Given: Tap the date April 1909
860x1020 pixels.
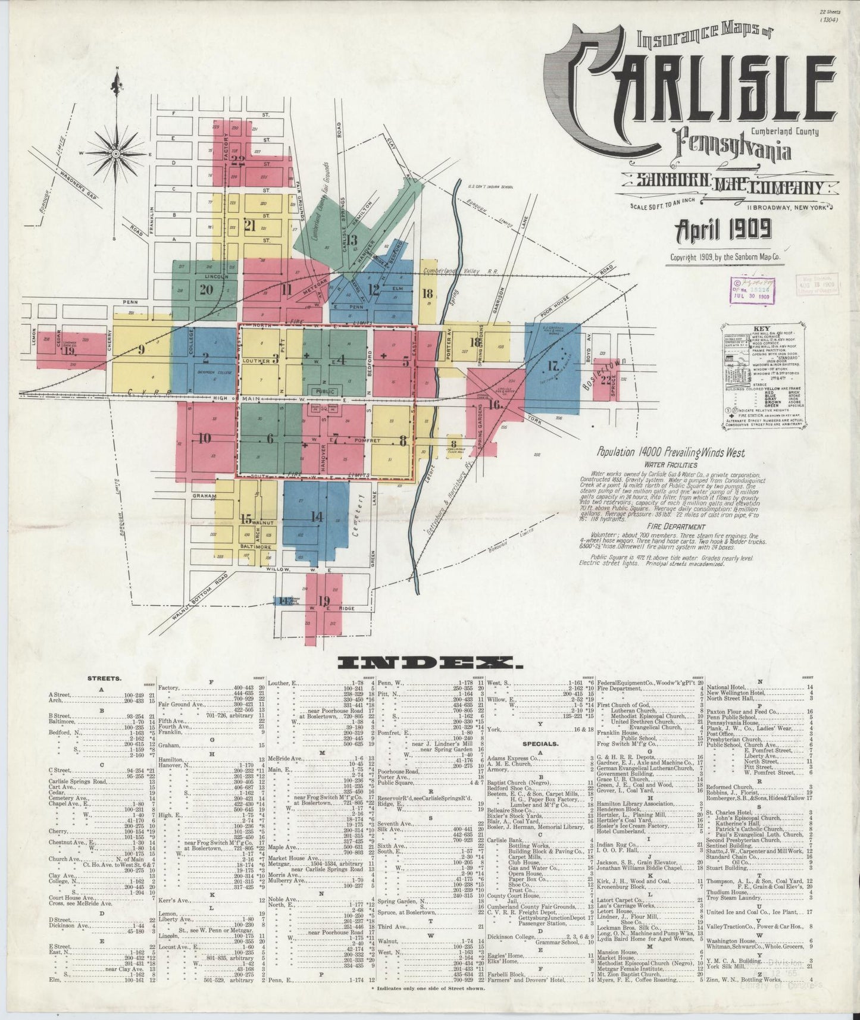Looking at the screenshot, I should click(x=722, y=229).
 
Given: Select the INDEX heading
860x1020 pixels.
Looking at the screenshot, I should click(x=425, y=663).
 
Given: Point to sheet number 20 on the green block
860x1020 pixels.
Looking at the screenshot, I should click(x=207, y=290).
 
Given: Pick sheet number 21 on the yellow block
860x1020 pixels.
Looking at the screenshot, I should click(x=249, y=226).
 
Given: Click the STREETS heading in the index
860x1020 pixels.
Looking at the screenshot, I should click(x=105, y=678).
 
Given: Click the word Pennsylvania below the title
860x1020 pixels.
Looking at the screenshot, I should click(x=733, y=150).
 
